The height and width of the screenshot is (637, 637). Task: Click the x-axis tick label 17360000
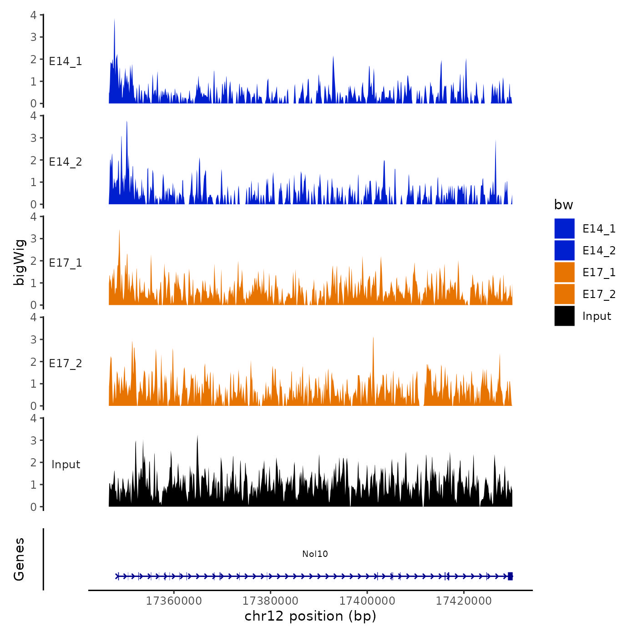click(x=174, y=601)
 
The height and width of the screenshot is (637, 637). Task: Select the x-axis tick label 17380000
click(x=271, y=601)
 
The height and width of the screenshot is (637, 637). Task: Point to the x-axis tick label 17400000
click(x=367, y=601)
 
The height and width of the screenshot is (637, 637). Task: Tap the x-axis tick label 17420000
click(x=464, y=601)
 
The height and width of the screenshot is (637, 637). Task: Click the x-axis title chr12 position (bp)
click(x=310, y=616)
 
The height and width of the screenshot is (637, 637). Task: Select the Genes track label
click(x=19, y=559)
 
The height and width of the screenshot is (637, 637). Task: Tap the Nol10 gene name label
click(x=315, y=554)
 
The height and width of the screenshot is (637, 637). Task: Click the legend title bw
click(x=563, y=205)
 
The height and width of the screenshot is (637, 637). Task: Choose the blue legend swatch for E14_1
click(x=564, y=228)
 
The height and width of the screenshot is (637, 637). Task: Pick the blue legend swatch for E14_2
click(x=564, y=250)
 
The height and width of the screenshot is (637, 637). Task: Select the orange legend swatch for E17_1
click(x=564, y=272)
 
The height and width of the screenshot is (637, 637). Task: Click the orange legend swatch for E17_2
click(x=564, y=294)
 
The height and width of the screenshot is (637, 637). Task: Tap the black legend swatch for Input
click(x=564, y=316)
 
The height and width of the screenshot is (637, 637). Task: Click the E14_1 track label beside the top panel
click(x=66, y=61)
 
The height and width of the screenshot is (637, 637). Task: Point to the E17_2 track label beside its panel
click(x=66, y=363)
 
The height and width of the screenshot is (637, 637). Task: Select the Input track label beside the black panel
click(x=66, y=464)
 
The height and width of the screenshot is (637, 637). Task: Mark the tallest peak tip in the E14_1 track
click(x=114, y=20)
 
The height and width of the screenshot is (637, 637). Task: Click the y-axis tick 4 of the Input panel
click(x=34, y=418)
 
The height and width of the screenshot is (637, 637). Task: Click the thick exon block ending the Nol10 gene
click(x=510, y=576)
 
